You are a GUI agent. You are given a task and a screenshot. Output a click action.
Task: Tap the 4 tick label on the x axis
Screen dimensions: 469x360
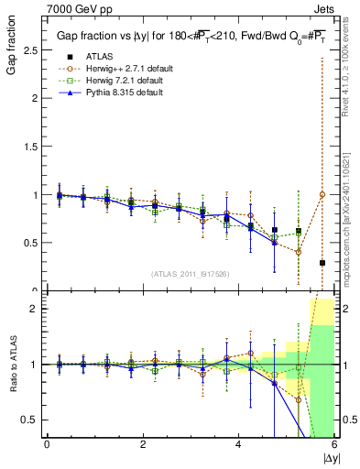click(239, 444)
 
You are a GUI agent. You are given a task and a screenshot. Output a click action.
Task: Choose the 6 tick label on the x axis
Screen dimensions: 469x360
click(334, 444)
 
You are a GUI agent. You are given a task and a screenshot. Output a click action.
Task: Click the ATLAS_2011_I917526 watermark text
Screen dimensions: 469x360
click(191, 273)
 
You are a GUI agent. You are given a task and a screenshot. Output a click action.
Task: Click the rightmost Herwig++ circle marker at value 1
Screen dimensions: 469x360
click(322, 194)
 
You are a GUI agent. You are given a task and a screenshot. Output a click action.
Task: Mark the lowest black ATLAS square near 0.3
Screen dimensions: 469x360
click(322, 263)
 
